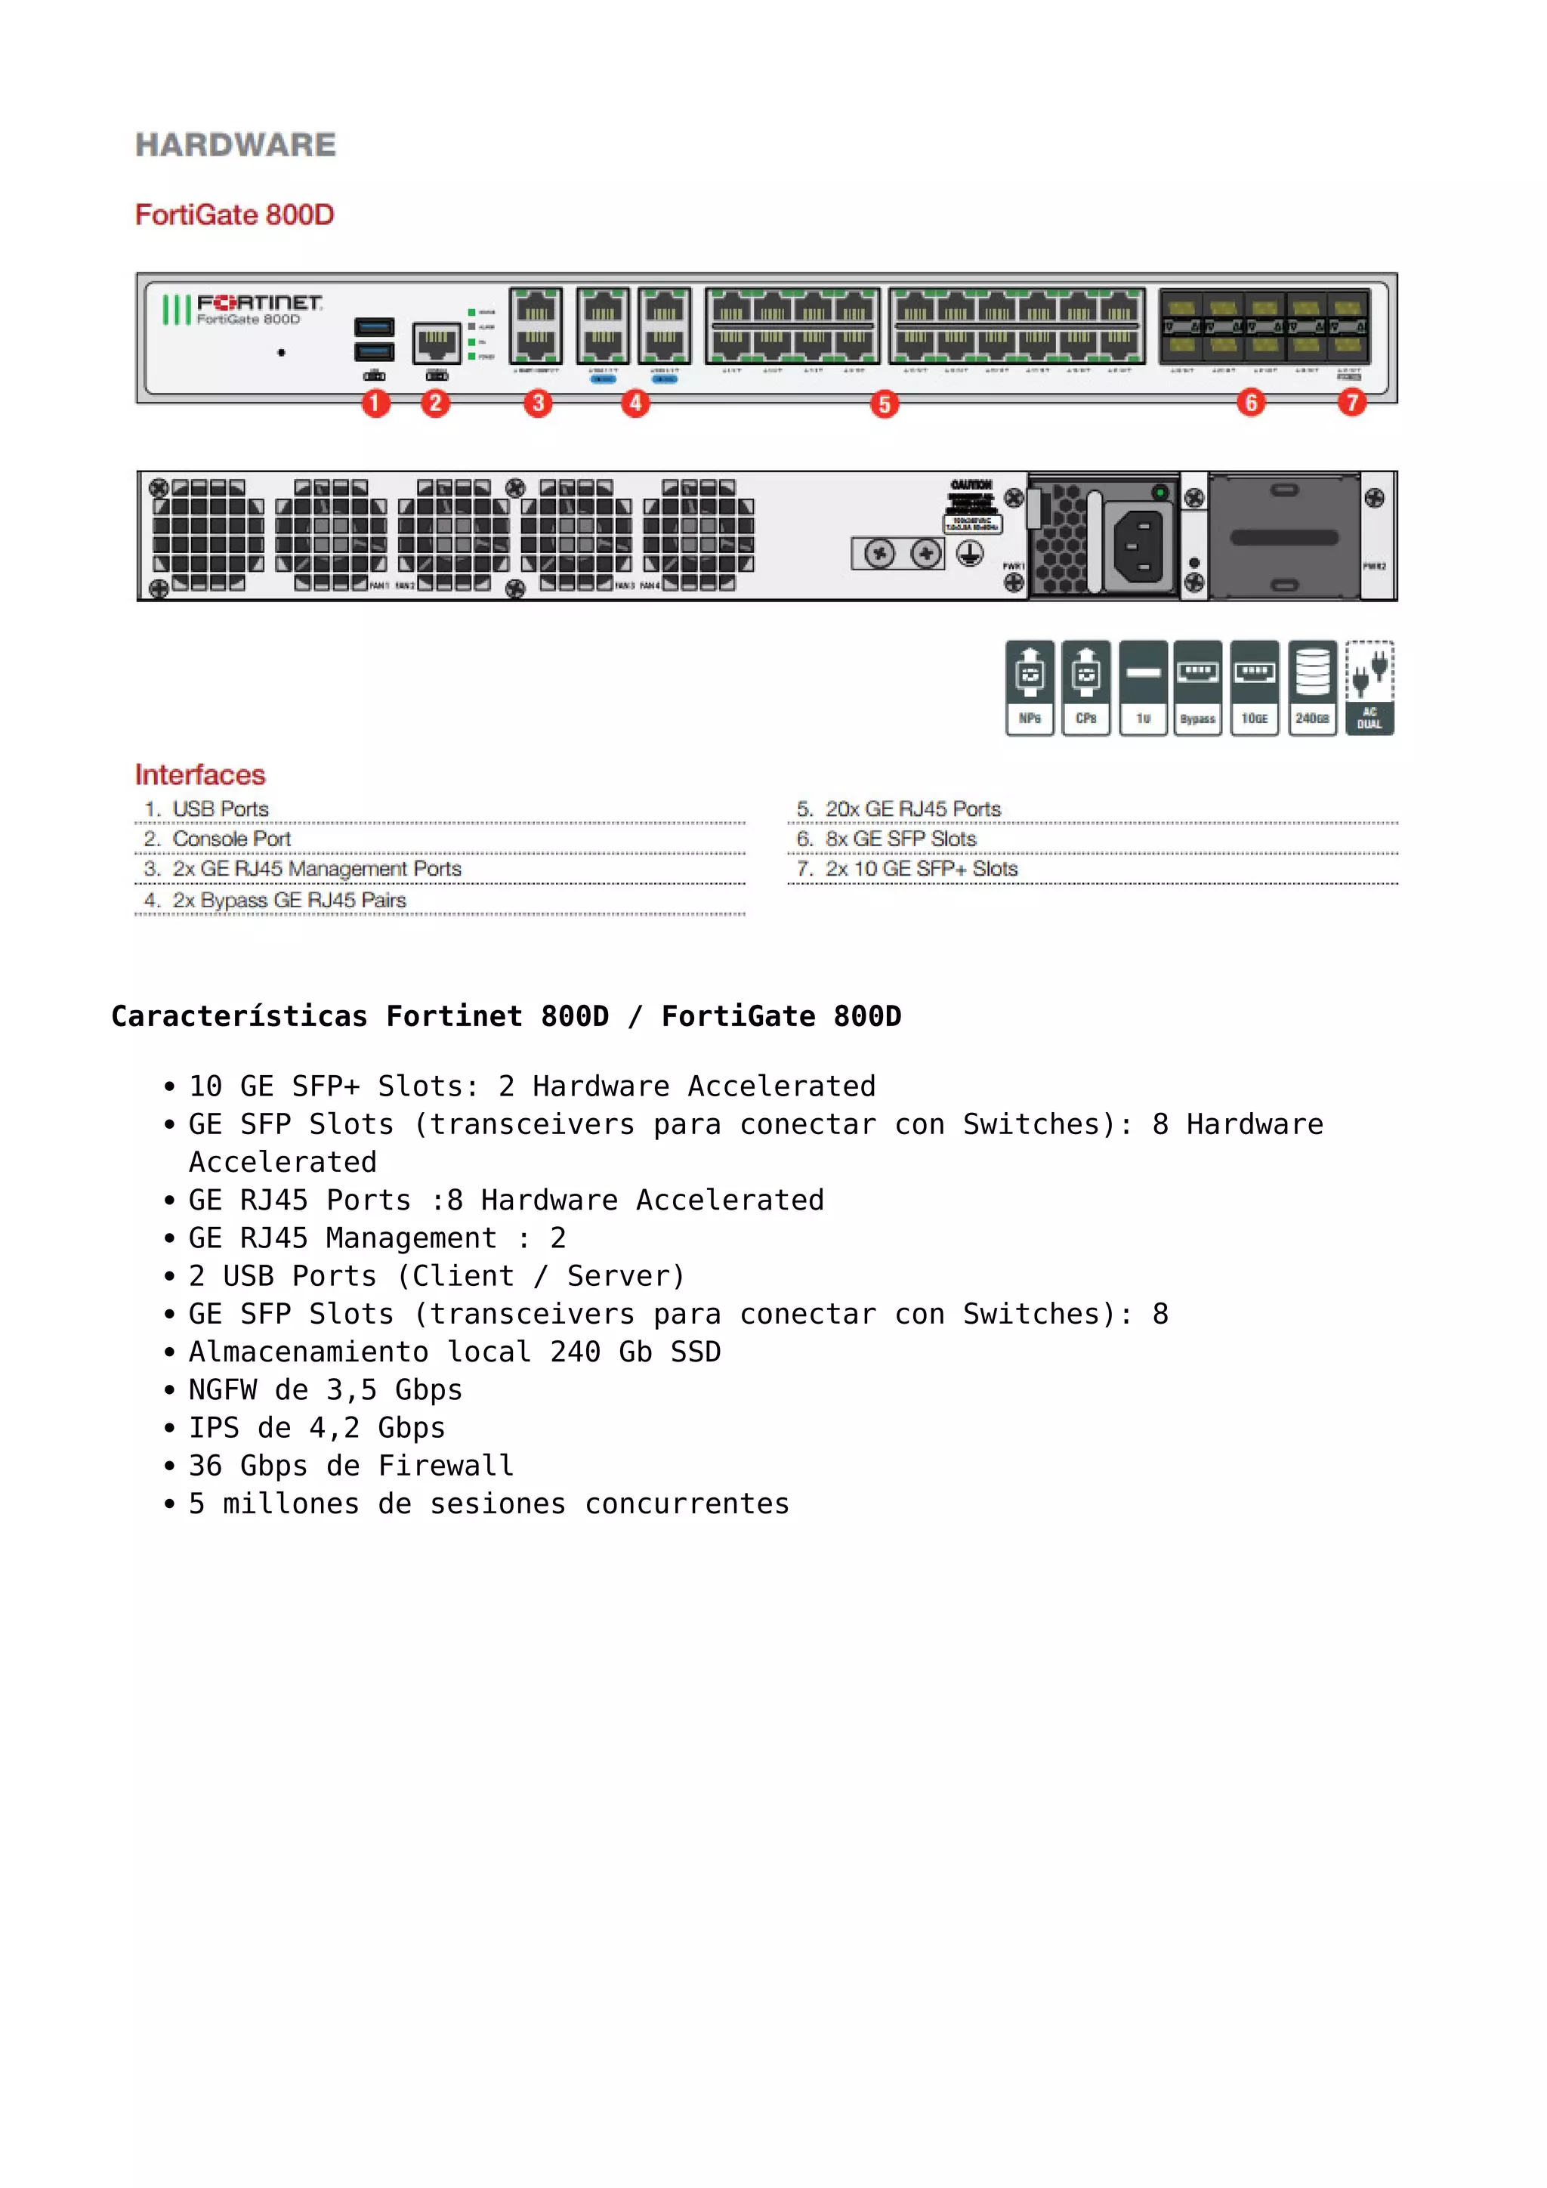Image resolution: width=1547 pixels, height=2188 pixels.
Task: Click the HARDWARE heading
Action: pos(235,145)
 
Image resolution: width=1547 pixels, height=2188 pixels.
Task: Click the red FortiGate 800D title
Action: pos(234,215)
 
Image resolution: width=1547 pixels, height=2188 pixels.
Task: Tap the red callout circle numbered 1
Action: pos(375,403)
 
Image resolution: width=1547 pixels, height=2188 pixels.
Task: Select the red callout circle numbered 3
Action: pos(539,403)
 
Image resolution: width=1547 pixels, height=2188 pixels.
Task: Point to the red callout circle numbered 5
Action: pos(884,404)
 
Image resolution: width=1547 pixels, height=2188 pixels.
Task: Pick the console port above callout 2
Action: pos(437,343)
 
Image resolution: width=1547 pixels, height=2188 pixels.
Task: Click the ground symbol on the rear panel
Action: pos(970,553)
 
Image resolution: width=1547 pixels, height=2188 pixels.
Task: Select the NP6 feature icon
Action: pos(1030,687)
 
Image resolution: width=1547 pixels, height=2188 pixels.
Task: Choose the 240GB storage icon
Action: pos(1312,687)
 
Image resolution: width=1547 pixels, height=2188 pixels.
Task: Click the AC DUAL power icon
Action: pos(1369,687)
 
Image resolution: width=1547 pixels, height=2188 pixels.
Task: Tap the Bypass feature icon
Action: pos(1197,687)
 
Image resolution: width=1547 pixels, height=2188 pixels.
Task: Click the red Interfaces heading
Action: pos(200,774)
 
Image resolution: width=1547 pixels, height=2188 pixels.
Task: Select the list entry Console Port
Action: pos(231,839)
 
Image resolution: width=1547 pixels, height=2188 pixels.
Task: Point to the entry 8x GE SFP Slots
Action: pos(900,839)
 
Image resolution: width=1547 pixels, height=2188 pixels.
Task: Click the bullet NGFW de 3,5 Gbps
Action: pos(325,1389)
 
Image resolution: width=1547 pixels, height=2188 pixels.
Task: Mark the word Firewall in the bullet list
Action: pos(446,1466)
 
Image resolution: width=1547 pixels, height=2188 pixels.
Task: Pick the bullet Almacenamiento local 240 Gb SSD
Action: pos(455,1352)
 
